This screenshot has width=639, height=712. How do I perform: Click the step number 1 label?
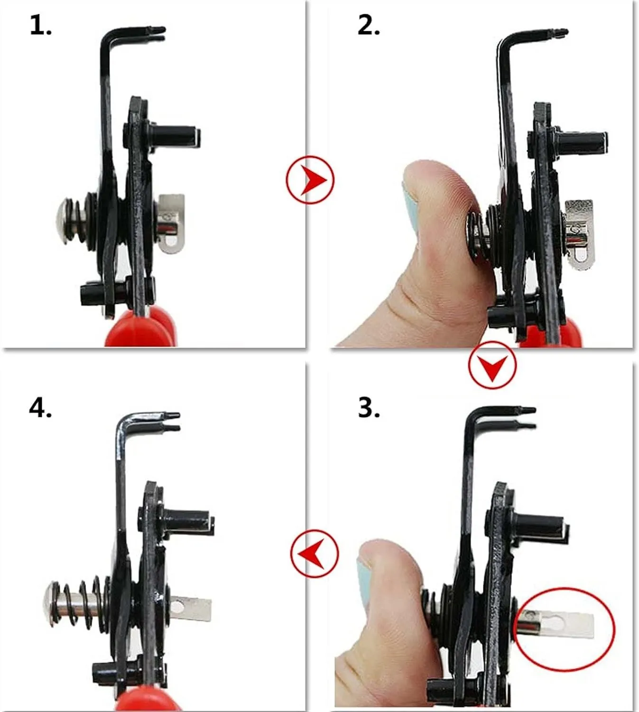coord(41,26)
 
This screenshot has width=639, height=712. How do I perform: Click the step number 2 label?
coord(369,26)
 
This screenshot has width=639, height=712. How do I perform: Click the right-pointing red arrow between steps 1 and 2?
coord(311,179)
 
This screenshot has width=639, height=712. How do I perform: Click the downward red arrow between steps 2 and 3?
coord(492,365)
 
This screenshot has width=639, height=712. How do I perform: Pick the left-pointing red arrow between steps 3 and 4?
coord(315,553)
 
